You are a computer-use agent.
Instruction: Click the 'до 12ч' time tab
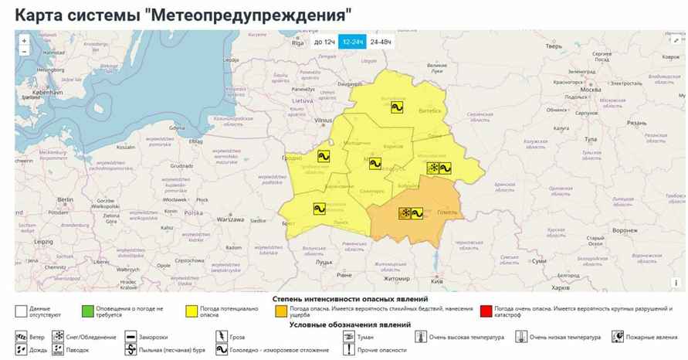tap(324, 42)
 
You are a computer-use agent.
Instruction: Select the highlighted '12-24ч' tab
tap(353, 42)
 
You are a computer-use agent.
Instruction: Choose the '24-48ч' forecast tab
tap(381, 42)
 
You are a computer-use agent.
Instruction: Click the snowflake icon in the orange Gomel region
tap(405, 213)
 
